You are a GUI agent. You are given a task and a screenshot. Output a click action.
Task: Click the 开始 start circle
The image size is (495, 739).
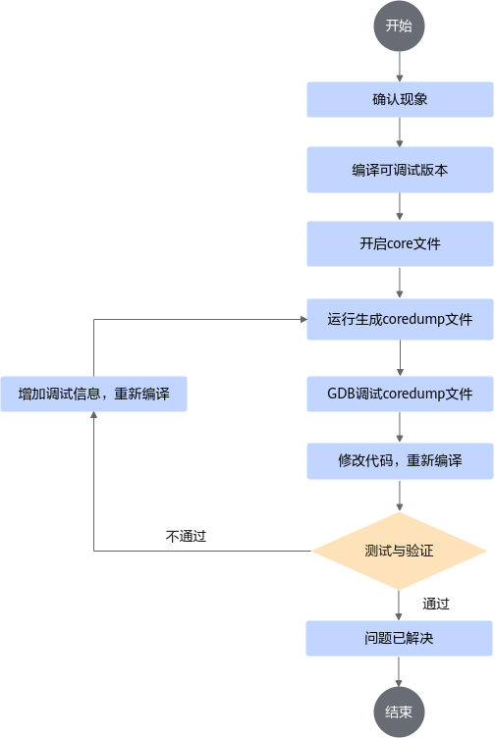[x=399, y=26]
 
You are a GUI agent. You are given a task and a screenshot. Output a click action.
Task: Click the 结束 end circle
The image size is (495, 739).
[x=399, y=712]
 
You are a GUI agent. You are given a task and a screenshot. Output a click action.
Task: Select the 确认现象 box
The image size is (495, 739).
[x=400, y=99]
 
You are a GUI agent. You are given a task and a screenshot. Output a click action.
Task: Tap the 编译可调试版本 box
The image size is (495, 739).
[x=400, y=170]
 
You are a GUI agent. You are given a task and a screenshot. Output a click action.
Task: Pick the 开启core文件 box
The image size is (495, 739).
[x=400, y=243]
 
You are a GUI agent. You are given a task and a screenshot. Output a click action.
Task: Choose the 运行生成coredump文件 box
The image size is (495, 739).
[x=400, y=319]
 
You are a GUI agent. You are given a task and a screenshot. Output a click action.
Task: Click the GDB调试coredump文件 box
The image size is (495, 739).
[x=400, y=394]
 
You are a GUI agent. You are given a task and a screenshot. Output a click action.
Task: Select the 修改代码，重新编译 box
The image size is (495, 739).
[x=400, y=461]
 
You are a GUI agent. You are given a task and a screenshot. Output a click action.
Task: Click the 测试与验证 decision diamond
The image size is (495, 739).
[x=399, y=551]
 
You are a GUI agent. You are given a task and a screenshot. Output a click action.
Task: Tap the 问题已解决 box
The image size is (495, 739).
[x=399, y=638]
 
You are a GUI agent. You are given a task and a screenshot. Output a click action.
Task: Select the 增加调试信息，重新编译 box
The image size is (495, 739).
[x=94, y=394]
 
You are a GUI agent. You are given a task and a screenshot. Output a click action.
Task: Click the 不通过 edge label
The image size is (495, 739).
[x=186, y=536]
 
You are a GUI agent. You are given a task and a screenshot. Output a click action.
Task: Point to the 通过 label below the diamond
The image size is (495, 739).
[x=436, y=604]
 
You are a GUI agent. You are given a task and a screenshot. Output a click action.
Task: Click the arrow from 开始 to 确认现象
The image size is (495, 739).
[x=400, y=67]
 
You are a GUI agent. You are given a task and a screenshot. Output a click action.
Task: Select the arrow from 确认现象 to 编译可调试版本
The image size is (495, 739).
[x=400, y=132]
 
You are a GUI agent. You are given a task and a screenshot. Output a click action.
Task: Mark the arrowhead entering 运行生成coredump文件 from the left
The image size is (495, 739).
[x=303, y=320]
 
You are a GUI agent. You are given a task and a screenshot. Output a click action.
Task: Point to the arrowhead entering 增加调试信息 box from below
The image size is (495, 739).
[x=94, y=415]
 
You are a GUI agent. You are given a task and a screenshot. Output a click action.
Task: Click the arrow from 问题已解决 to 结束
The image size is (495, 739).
[x=399, y=671]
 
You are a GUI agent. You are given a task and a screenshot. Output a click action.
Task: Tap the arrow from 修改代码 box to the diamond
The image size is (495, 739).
[x=400, y=496]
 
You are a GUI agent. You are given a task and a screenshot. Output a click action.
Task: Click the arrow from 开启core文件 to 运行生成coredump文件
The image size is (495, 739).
[x=400, y=283]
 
